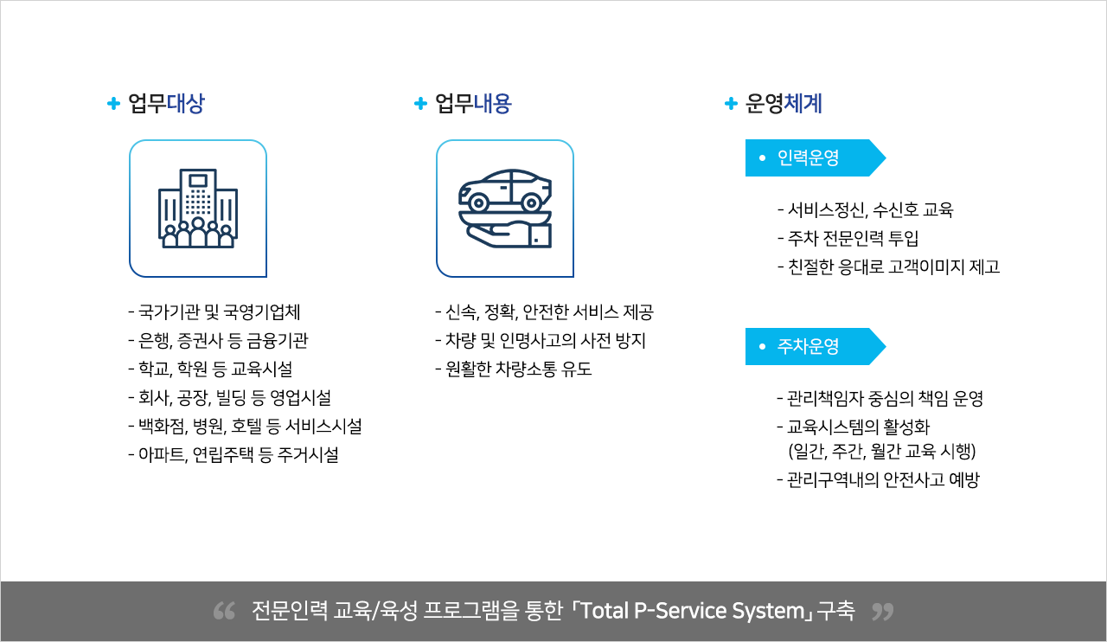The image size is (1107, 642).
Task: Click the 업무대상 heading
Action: coord(166,103)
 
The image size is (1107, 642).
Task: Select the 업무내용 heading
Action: coord(473,103)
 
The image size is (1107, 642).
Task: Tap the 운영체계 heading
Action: coord(784,103)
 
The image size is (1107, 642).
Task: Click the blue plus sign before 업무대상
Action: coord(113,103)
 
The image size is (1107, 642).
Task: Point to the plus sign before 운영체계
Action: coord(731,103)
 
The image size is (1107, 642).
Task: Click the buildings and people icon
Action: coord(198,209)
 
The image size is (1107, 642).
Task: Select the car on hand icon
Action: coord(505,209)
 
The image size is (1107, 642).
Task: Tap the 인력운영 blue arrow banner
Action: coord(816,157)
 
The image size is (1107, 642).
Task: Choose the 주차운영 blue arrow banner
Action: coord(816,346)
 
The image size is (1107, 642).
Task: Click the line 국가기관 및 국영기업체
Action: coord(214,311)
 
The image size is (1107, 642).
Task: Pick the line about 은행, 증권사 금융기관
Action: coord(219,340)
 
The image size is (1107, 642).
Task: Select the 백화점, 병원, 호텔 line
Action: coord(245,426)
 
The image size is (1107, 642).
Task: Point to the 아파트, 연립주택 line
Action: coord(234,454)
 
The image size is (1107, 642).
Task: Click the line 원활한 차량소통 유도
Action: coord(514,369)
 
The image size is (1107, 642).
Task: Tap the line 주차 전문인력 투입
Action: coord(848,239)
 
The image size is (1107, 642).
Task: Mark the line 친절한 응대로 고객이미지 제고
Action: coord(888,267)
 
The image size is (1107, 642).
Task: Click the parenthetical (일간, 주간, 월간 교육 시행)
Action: coord(882,451)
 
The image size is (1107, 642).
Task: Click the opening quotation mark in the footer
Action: coord(224,612)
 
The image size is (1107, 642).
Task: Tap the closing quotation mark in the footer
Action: coord(883,612)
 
